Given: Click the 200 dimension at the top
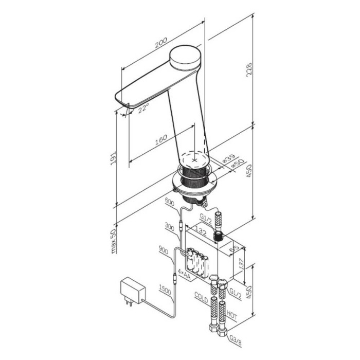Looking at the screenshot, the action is tap(160, 43).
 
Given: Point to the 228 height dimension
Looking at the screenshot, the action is tap(249, 70).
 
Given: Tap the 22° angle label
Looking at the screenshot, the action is tap(143, 107).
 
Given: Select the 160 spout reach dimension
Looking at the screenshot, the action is tap(161, 140).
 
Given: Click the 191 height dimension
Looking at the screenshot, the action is tap(114, 158).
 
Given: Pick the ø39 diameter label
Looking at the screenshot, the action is tap(229, 158).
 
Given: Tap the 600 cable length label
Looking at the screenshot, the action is tap(169, 202).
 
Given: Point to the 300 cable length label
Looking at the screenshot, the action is tap(169, 227).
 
